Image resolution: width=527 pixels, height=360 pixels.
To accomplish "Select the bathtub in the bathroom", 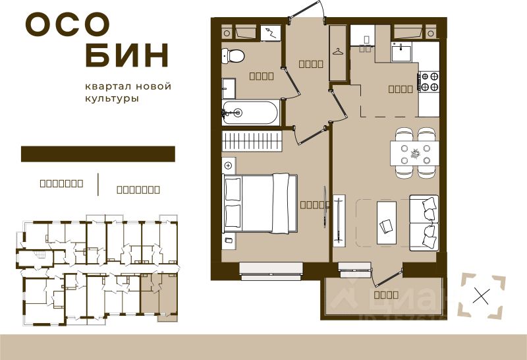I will [x=250, y=113].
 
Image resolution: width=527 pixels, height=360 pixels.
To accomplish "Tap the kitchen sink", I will [x=401, y=51].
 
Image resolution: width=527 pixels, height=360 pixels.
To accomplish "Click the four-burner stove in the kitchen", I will [x=429, y=81].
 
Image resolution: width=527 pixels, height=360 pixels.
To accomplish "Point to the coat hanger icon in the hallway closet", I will [x=338, y=51].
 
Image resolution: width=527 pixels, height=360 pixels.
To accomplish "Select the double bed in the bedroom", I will [x=260, y=203].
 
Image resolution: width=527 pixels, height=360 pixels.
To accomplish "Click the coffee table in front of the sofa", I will [x=387, y=221].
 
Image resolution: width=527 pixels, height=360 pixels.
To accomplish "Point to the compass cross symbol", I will [x=482, y=296].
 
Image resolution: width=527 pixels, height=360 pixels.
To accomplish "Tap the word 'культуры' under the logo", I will [x=111, y=98].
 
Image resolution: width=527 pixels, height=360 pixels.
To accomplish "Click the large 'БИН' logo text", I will [x=127, y=56].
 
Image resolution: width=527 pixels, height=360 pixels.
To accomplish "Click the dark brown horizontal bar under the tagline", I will [x=98, y=154].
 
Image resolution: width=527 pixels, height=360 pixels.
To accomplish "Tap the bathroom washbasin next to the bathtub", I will [x=228, y=87].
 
